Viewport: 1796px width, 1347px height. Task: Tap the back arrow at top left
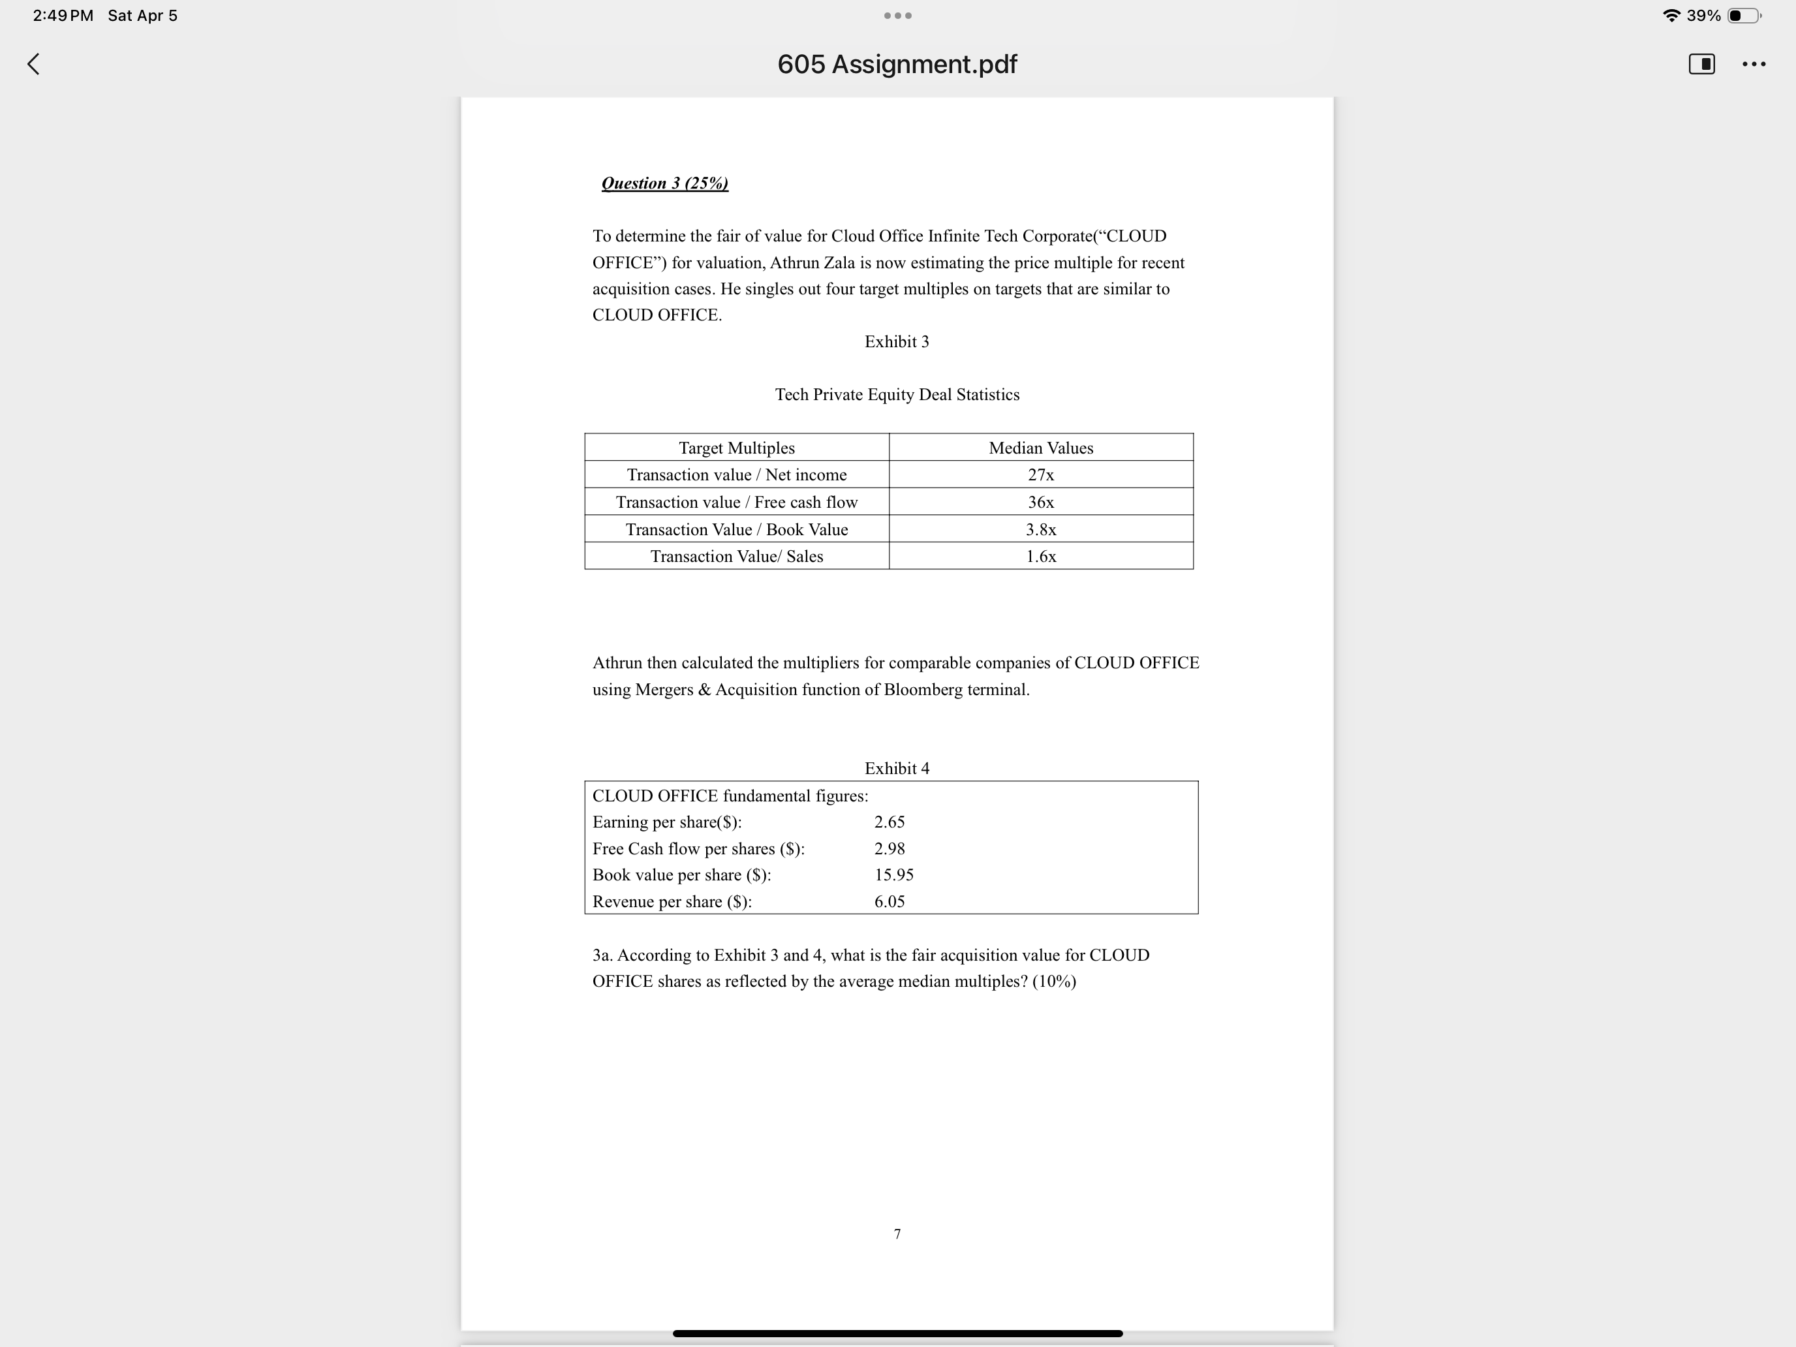33,64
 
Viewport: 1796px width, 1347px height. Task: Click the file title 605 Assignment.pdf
897,64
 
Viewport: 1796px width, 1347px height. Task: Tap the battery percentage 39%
1703,16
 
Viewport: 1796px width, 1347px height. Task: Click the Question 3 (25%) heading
664,183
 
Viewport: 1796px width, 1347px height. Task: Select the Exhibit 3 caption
897,342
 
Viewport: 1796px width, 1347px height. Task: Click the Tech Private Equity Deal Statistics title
897,395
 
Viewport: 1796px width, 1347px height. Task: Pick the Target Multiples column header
736,448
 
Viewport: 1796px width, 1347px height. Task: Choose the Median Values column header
1040,448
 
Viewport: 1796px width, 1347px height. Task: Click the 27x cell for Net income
1040,475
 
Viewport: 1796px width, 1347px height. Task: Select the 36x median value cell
1040,503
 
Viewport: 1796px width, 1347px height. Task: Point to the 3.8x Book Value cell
1040,529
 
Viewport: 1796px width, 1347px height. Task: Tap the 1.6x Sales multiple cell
1040,556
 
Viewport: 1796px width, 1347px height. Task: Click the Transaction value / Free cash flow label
736,503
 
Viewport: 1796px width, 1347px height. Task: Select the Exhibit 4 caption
897,768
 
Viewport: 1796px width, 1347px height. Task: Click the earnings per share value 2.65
889,822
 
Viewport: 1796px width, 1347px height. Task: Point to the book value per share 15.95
893,875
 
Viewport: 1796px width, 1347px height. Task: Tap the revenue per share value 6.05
889,901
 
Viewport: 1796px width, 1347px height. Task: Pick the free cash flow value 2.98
889,848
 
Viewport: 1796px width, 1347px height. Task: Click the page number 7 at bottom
897,1234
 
